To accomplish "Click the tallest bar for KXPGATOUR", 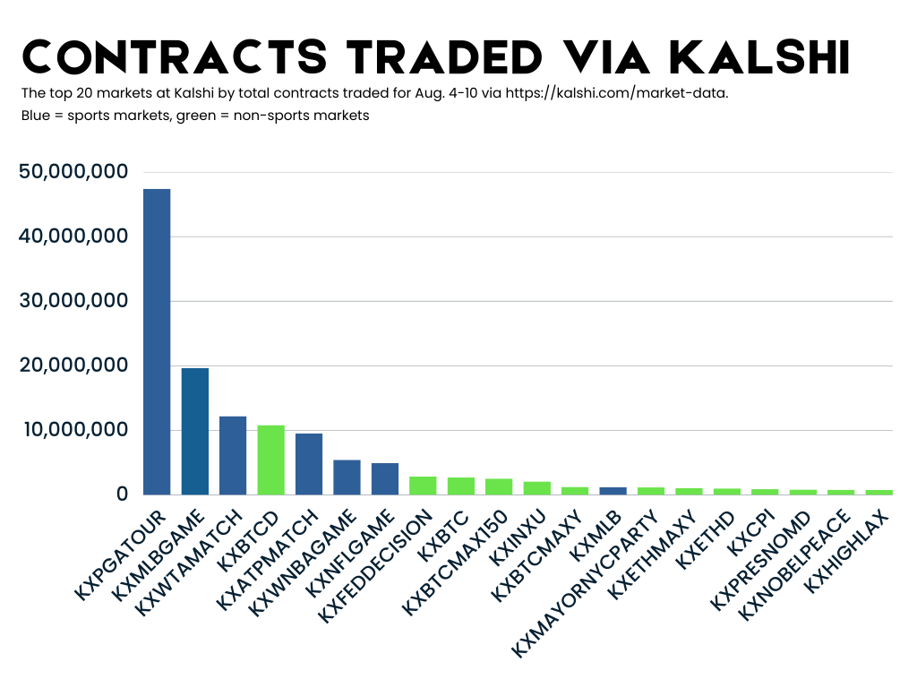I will tap(157, 341).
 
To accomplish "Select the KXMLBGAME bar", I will tap(194, 431).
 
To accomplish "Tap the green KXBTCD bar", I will tap(270, 460).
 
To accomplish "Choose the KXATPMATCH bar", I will tap(309, 463).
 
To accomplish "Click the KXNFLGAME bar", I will tap(385, 478).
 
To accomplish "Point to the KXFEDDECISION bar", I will tap(423, 485).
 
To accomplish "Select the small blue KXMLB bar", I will tap(613, 490).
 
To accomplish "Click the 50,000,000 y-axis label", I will tap(73, 172).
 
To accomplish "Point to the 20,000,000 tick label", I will tap(73, 365).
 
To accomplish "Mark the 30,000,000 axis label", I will tap(73, 301).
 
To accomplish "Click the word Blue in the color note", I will tap(36, 116).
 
